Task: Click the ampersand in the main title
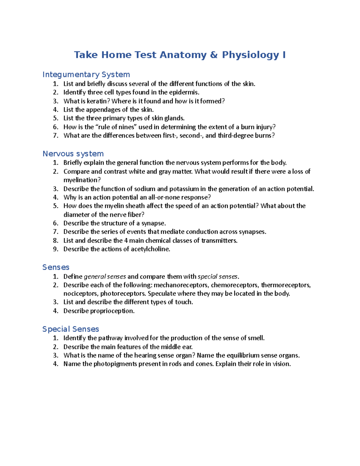214,55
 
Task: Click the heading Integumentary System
86,74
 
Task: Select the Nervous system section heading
73,154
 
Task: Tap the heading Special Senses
70,329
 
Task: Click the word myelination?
82,180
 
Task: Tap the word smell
256,338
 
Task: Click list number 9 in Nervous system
55,249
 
